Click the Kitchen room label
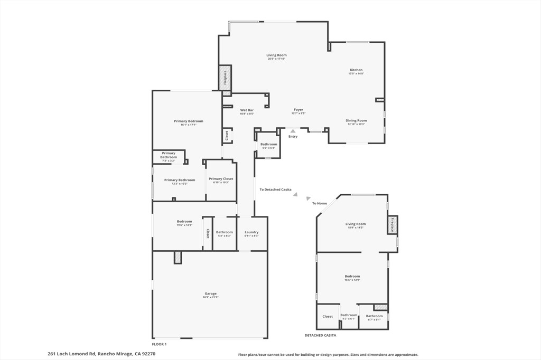point(356,70)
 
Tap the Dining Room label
point(356,120)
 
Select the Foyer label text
point(299,110)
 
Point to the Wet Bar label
point(247,110)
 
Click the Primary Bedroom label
point(188,121)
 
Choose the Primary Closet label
point(220,179)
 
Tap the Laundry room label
point(251,232)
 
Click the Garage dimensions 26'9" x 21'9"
point(210,298)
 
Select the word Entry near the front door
point(293,137)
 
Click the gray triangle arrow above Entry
point(293,130)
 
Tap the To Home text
point(319,203)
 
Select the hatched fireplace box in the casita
point(393,225)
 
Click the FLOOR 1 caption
point(159,344)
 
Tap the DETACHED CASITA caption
point(320,335)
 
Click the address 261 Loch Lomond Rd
point(71,354)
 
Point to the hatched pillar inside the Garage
point(178,257)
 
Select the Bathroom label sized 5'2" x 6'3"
point(268,145)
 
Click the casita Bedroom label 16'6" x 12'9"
point(352,277)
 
